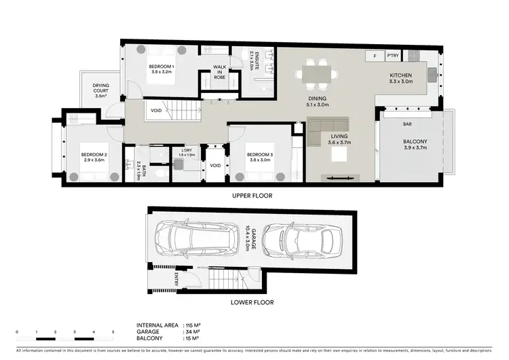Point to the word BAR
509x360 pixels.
(408, 125)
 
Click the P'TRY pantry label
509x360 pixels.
(392, 55)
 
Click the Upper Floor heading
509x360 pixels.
(253, 196)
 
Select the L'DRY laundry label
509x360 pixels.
(186, 154)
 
